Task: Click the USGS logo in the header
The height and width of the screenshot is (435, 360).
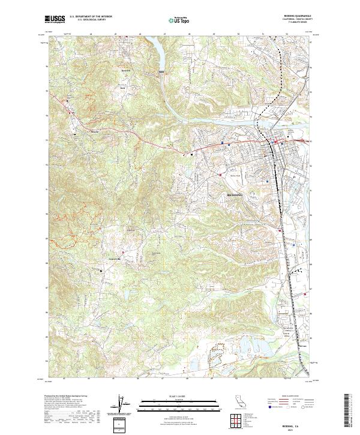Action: point(55,20)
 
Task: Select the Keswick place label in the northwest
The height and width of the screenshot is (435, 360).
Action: point(125,70)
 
